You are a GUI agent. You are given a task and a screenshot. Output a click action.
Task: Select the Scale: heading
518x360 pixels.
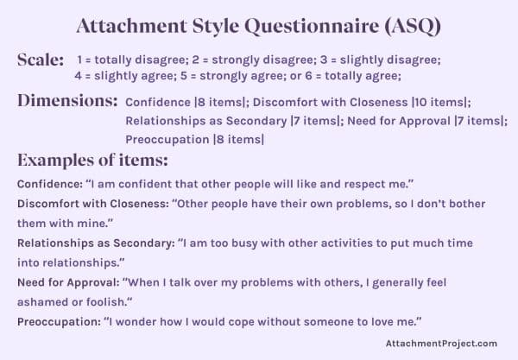tap(40, 60)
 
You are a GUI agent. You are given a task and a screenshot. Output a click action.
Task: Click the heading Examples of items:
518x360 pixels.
tap(92, 161)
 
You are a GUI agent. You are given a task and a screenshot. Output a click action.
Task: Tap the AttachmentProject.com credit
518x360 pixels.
tap(442, 343)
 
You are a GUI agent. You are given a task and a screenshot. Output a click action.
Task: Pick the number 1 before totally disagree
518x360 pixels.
tap(79, 60)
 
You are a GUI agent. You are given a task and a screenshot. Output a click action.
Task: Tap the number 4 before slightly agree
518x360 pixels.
tap(78, 75)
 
